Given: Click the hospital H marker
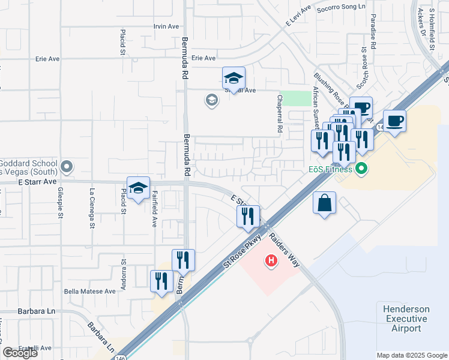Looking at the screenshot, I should tap(271, 261).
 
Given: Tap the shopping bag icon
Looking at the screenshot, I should tap(324, 203).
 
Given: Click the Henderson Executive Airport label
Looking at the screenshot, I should tap(406, 319).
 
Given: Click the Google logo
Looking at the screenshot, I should tap(20, 353).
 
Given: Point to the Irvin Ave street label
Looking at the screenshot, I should tap(166, 26).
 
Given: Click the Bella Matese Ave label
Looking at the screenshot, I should tap(89, 291).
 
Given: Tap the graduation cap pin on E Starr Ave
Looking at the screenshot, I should tap(138, 188).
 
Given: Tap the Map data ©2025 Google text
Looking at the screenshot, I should tap(411, 355).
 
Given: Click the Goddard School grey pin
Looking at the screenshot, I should tap(67, 166).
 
